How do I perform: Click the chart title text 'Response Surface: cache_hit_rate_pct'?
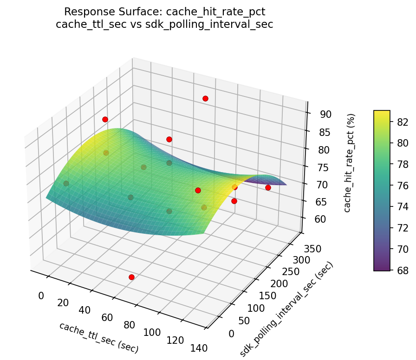(164, 12)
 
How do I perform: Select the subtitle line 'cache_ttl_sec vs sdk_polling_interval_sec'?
(164, 24)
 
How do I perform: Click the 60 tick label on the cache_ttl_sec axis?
(108, 318)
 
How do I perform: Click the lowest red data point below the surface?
(131, 277)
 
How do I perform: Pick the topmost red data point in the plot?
(205, 98)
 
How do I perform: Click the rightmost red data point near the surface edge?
(268, 187)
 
